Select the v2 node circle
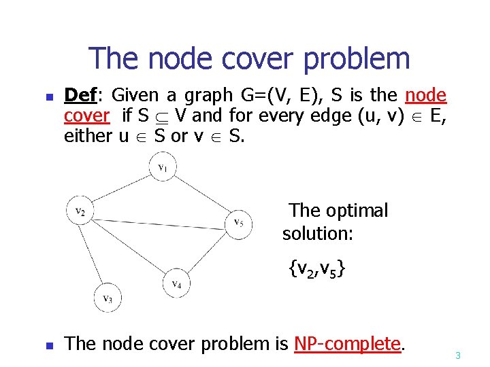80,209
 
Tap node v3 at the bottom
108,298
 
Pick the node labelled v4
176,283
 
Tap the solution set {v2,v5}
316,270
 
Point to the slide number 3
458,355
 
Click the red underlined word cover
86,116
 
